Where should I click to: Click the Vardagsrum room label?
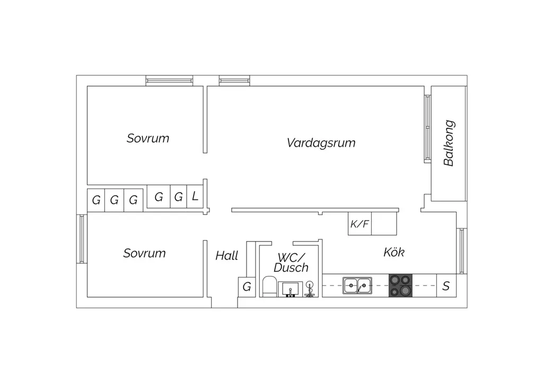click(x=321, y=143)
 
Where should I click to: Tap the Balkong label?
click(x=449, y=143)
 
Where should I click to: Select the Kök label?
click(x=394, y=252)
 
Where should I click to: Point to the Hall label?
click(x=227, y=256)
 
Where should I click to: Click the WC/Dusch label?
click(x=291, y=263)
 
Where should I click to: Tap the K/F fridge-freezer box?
click(x=360, y=224)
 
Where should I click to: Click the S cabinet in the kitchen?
click(x=446, y=286)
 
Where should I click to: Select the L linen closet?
click(x=195, y=197)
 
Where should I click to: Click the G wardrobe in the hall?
click(x=247, y=287)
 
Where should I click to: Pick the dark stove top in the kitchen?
click(x=401, y=286)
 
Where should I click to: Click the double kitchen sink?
click(x=357, y=286)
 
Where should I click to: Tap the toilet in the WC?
click(x=269, y=287)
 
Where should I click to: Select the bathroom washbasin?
click(x=290, y=289)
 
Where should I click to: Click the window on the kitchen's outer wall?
click(x=462, y=251)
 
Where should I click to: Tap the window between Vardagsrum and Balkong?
click(x=428, y=129)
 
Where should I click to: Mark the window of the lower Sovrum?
click(x=82, y=239)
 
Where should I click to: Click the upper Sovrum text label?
click(x=148, y=138)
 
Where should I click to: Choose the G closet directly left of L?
click(x=178, y=197)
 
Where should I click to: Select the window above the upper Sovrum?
click(x=169, y=81)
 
